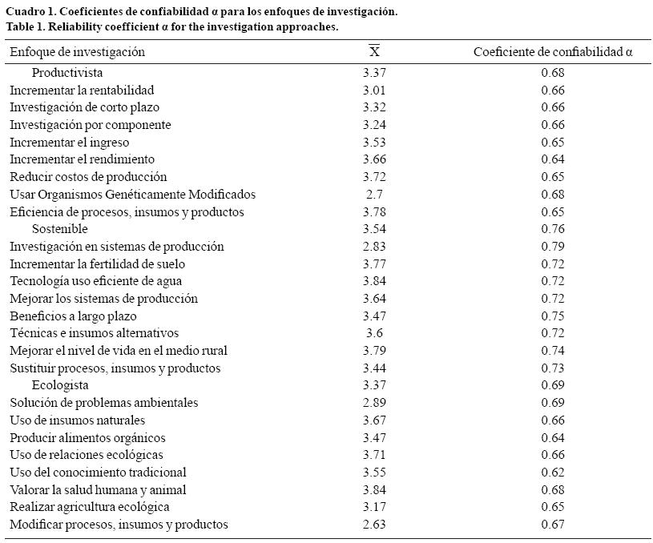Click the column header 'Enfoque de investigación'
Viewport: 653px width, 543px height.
[x=77, y=52]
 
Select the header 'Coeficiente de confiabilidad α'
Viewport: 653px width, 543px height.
[x=552, y=52]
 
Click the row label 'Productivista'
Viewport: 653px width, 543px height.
[x=67, y=73]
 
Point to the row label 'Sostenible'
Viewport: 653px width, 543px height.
[x=60, y=229]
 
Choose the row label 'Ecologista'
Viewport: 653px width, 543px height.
[x=60, y=385]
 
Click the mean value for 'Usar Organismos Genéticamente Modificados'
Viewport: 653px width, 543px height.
[x=374, y=195]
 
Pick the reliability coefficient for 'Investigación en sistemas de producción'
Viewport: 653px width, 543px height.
[x=552, y=247]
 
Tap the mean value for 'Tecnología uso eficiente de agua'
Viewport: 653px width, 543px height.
[x=374, y=281]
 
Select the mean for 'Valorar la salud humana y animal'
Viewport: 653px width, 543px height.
[x=374, y=489]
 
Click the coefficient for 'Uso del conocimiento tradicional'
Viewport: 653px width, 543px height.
[x=552, y=473]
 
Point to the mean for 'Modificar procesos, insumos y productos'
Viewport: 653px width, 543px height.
[x=374, y=525]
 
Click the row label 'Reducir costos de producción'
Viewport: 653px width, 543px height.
[x=88, y=177]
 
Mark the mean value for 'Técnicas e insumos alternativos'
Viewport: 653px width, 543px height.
[x=374, y=333]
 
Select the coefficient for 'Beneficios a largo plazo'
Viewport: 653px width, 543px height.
[x=552, y=316]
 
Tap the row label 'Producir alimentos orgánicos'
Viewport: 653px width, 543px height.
[x=87, y=438]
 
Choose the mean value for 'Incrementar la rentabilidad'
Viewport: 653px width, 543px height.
[x=374, y=90]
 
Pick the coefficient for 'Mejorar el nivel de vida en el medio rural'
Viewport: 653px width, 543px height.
[x=552, y=351]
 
